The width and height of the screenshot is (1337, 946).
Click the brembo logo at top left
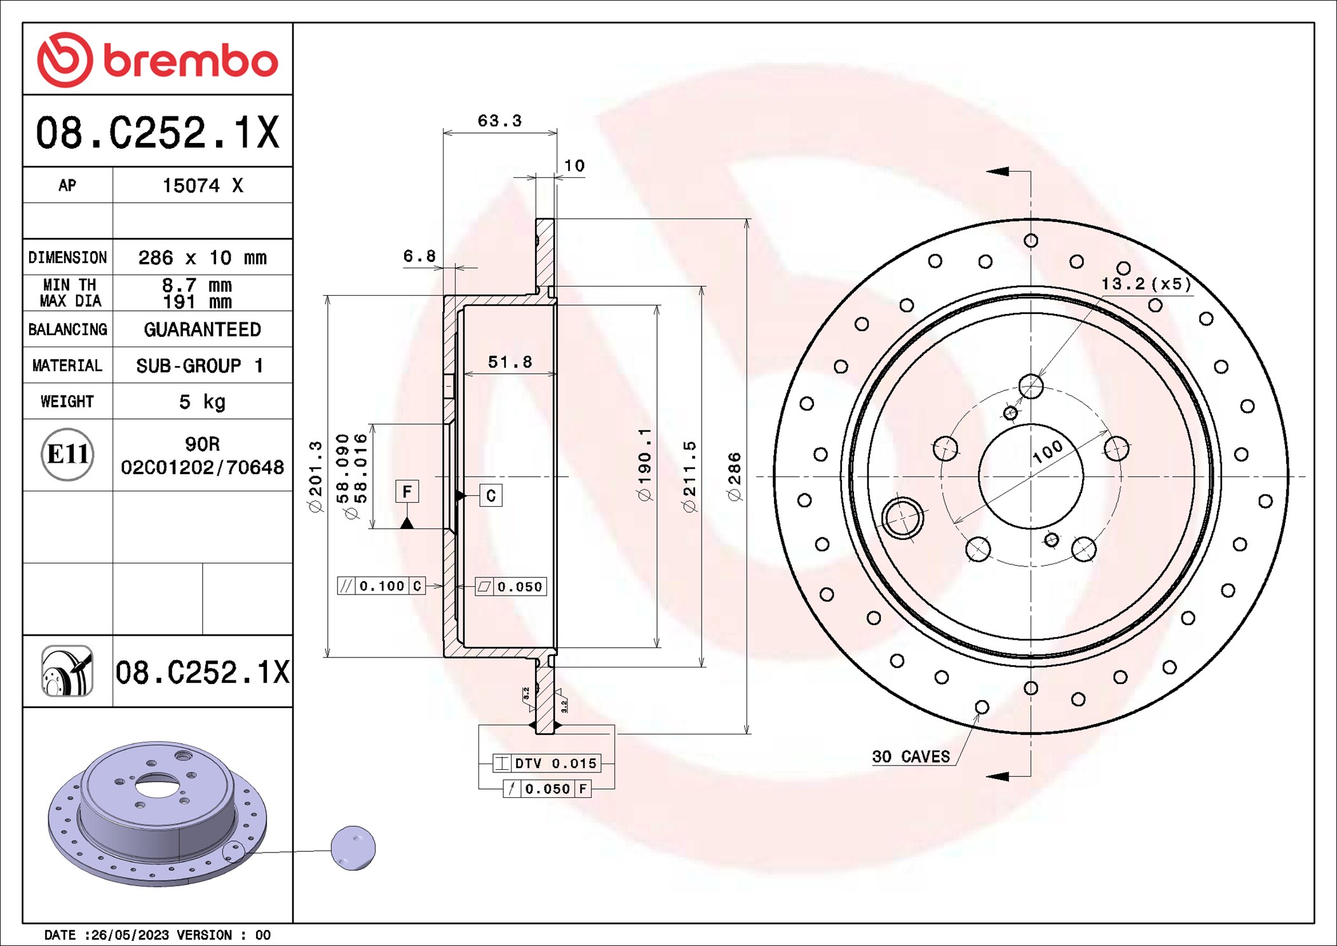click(158, 60)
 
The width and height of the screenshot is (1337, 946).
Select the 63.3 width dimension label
click(499, 121)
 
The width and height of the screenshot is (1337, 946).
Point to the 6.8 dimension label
click(419, 256)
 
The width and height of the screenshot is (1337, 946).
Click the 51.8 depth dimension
click(510, 362)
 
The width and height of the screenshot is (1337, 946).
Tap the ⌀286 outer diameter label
click(735, 476)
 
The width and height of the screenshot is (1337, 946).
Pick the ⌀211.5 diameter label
click(689, 476)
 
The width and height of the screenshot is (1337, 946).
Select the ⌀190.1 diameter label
click(645, 464)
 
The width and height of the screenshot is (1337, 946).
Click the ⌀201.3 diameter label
click(316, 476)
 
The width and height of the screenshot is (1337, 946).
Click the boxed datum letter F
click(407, 491)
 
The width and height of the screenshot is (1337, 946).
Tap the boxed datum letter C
click(491, 496)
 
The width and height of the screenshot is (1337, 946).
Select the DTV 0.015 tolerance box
click(547, 763)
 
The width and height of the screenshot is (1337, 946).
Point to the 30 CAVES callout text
click(911, 757)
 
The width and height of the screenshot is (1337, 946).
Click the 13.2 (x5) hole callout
click(1146, 284)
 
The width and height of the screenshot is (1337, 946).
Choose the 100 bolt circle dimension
click(1047, 451)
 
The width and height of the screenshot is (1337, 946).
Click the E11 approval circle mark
click(67, 455)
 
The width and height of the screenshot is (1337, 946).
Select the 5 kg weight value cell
click(202, 402)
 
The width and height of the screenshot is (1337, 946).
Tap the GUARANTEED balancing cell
click(202, 329)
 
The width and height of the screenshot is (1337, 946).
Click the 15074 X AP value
click(202, 186)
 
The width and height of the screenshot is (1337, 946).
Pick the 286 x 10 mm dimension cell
click(202, 257)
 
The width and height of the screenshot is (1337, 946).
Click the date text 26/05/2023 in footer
click(130, 935)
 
